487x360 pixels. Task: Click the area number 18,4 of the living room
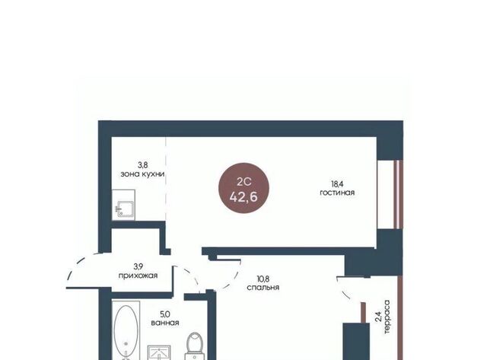(x=337, y=184)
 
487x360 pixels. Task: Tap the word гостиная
(x=337, y=193)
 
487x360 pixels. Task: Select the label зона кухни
(x=142, y=174)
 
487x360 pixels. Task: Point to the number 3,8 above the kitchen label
(x=142, y=165)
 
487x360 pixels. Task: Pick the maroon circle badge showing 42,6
(x=243, y=188)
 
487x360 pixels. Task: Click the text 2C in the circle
(x=243, y=182)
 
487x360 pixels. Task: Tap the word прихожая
(x=138, y=276)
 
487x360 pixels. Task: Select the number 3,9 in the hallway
(x=138, y=266)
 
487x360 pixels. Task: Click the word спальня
(x=263, y=288)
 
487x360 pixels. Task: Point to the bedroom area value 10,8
(x=263, y=279)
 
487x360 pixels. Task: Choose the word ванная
(x=165, y=323)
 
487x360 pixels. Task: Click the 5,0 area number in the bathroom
(x=165, y=314)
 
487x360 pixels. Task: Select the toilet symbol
(x=195, y=346)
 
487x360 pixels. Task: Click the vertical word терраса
(x=387, y=317)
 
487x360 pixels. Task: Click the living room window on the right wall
(x=398, y=195)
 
